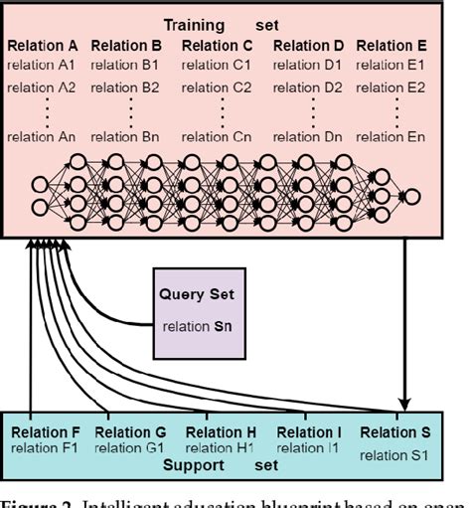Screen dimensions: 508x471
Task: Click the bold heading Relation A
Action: [x=42, y=46]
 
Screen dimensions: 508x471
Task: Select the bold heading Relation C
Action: [x=219, y=46]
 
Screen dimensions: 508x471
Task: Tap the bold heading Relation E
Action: [x=392, y=46]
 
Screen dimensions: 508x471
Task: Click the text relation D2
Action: [x=309, y=87]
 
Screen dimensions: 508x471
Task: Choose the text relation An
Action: [x=42, y=136]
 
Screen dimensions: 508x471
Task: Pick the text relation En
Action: [x=392, y=136]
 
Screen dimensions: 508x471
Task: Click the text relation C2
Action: [x=219, y=87]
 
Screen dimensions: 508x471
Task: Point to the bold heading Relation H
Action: [x=222, y=432]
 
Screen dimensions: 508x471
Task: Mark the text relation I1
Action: [x=310, y=448]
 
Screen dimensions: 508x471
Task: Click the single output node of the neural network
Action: [x=411, y=196]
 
